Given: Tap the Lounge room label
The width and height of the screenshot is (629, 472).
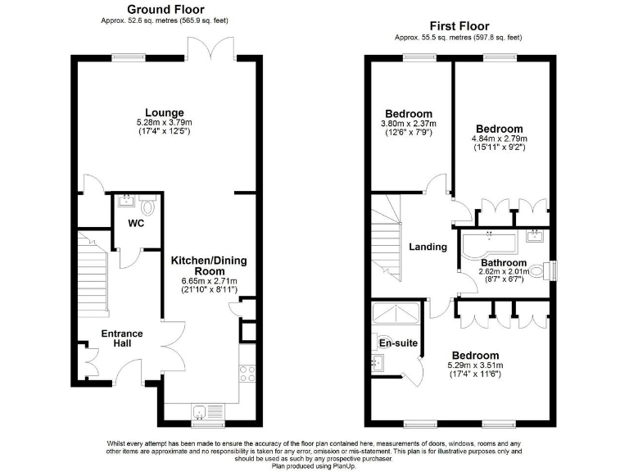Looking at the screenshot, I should (164, 112).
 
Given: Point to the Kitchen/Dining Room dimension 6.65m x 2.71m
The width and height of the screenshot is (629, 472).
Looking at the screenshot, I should (208, 279).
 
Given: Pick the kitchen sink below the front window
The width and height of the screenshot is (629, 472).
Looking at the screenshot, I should (203, 411).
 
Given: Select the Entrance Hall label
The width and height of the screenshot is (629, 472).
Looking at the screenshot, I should (121, 338).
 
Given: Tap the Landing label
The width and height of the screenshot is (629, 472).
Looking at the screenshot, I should (428, 247).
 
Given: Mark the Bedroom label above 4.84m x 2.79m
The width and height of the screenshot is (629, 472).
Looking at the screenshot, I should (499, 129).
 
